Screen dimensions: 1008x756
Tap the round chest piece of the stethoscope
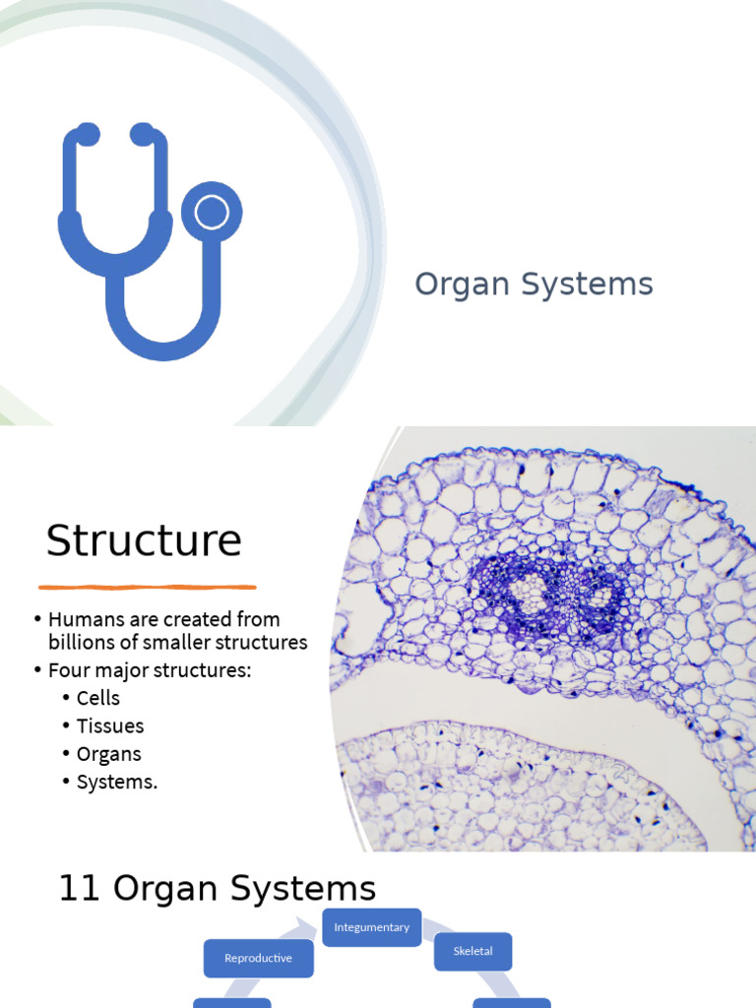tap(211, 213)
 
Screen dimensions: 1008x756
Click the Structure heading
tap(144, 540)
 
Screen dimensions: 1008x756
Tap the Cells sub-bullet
tap(98, 698)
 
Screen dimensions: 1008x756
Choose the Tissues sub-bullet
tap(110, 726)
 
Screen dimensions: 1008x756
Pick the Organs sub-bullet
tap(108, 754)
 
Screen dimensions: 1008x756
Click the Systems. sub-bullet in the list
tap(116, 783)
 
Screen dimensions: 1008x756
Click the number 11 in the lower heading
tap(80, 888)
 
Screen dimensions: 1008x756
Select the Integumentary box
tap(372, 927)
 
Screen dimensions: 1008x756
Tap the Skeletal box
tap(472, 952)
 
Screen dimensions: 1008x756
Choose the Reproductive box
tap(258, 958)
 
